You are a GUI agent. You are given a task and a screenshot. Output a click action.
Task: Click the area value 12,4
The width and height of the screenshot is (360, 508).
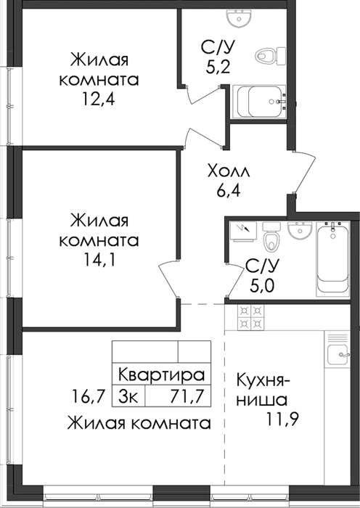[99, 99]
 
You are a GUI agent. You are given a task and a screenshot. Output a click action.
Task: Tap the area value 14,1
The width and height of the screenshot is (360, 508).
[99, 259]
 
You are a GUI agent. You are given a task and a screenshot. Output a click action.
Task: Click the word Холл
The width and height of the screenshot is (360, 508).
[229, 171]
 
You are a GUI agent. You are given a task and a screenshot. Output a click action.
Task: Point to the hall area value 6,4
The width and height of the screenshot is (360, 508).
[229, 190]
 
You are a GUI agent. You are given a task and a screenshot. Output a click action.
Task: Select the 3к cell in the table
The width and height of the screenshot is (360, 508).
[128, 396]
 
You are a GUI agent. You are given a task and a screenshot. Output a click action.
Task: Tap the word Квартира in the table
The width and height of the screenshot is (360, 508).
[162, 375]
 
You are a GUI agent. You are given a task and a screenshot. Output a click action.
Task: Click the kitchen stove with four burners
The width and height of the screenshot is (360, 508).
[251, 317]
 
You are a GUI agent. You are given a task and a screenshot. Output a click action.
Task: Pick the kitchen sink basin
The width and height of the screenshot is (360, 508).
[337, 355]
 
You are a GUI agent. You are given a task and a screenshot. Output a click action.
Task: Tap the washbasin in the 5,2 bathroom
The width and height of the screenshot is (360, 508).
[241, 17]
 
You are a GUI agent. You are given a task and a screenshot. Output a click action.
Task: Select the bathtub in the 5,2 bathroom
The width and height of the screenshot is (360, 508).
[259, 102]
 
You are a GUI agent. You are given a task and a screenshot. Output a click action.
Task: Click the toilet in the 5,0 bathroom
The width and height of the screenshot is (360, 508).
[271, 237]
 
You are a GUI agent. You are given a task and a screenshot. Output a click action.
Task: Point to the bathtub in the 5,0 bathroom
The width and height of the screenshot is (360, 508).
[332, 259]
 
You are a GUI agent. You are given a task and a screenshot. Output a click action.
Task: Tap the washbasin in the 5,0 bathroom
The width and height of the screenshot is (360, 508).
[300, 230]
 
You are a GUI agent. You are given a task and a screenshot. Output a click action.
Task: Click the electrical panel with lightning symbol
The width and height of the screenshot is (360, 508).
[243, 232]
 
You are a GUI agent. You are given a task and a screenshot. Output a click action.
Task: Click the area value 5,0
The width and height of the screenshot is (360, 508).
[262, 285]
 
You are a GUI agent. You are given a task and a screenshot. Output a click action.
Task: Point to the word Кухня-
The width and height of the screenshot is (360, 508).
[263, 380]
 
